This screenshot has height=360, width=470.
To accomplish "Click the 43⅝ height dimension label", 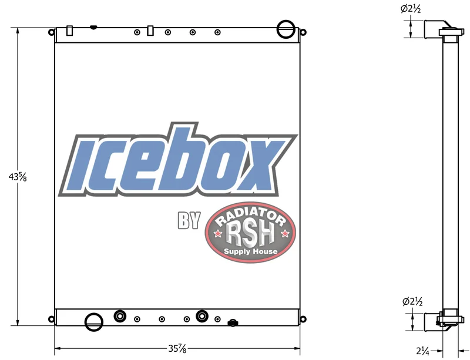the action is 18,177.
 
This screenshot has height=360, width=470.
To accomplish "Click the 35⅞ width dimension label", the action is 177,349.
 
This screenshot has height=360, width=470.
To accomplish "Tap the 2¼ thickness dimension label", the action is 422,351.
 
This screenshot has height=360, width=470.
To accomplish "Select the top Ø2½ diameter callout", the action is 411,9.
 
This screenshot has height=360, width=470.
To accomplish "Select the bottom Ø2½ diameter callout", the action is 412,301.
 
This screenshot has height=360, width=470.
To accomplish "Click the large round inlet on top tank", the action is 286,29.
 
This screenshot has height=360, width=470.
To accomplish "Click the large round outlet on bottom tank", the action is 94,322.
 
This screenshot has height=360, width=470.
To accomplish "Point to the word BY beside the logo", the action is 189,221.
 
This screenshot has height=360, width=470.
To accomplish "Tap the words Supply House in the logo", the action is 251,251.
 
